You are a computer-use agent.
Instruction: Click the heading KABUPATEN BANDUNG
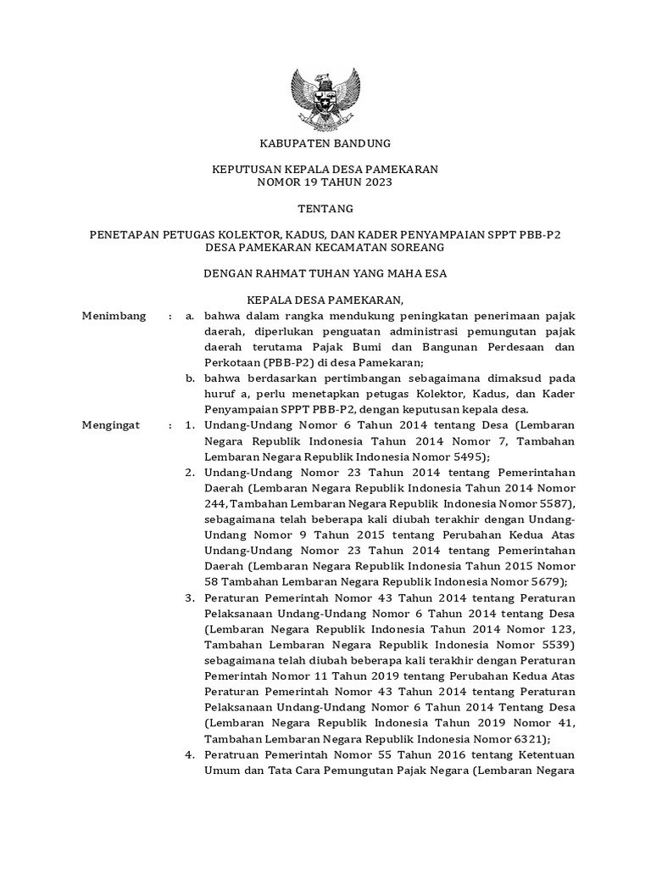click(325, 143)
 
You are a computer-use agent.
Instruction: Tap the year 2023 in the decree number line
click(378, 182)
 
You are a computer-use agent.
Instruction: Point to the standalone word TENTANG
click(325, 209)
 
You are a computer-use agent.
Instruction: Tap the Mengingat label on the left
click(109, 423)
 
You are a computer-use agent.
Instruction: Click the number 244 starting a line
click(215, 502)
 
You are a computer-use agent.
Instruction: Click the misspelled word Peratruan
click(233, 754)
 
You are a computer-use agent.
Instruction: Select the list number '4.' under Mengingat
click(191, 754)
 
